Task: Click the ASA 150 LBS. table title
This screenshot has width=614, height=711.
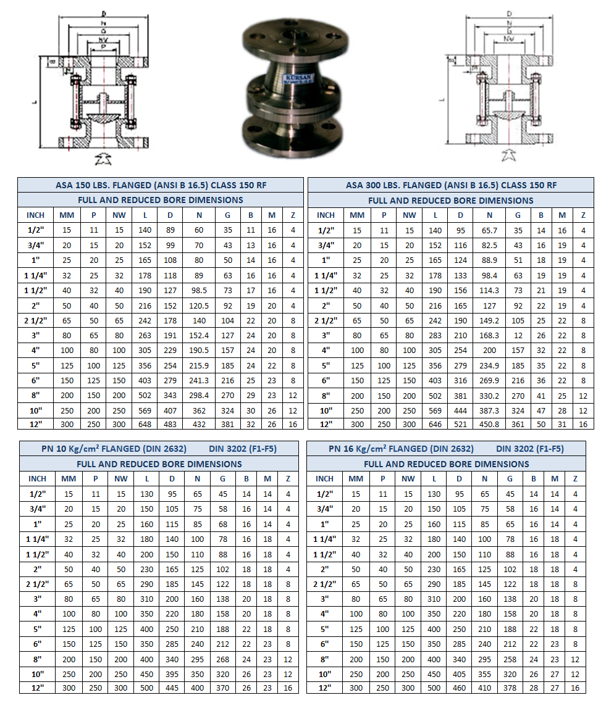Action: (161, 185)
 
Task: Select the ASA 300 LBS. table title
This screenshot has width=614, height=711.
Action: (451, 185)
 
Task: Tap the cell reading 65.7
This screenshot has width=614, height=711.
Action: (489, 230)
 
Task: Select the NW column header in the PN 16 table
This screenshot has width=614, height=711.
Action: (408, 478)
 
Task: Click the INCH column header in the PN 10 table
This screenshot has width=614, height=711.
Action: (37, 478)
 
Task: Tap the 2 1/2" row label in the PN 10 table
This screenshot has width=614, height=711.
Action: (37, 583)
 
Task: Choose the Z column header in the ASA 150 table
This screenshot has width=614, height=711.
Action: (293, 215)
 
